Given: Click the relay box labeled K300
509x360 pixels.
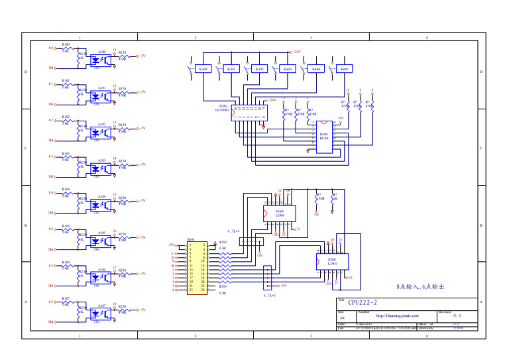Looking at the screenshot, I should pyautogui.click(x=203, y=68).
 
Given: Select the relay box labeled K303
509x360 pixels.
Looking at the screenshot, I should pyautogui.click(x=288, y=68).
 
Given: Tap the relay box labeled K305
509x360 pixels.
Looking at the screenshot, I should pyautogui.click(x=344, y=68).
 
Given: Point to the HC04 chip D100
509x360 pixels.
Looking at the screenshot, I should pyautogui.click(x=323, y=137).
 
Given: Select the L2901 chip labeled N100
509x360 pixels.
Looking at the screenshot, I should pyautogui.click(x=280, y=213).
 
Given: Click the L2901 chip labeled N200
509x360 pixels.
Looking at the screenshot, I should pyautogui.click(x=332, y=262).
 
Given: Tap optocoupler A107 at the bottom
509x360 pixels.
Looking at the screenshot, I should pyautogui.click(x=101, y=313).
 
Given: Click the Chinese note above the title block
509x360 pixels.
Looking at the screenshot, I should pyautogui.click(x=420, y=288).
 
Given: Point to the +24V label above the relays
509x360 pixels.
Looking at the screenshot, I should pyautogui.click(x=296, y=51).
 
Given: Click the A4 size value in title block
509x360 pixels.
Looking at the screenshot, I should pyautogui.click(x=342, y=318).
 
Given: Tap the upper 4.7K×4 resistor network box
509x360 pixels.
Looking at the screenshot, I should pyautogui.click(x=251, y=241).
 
